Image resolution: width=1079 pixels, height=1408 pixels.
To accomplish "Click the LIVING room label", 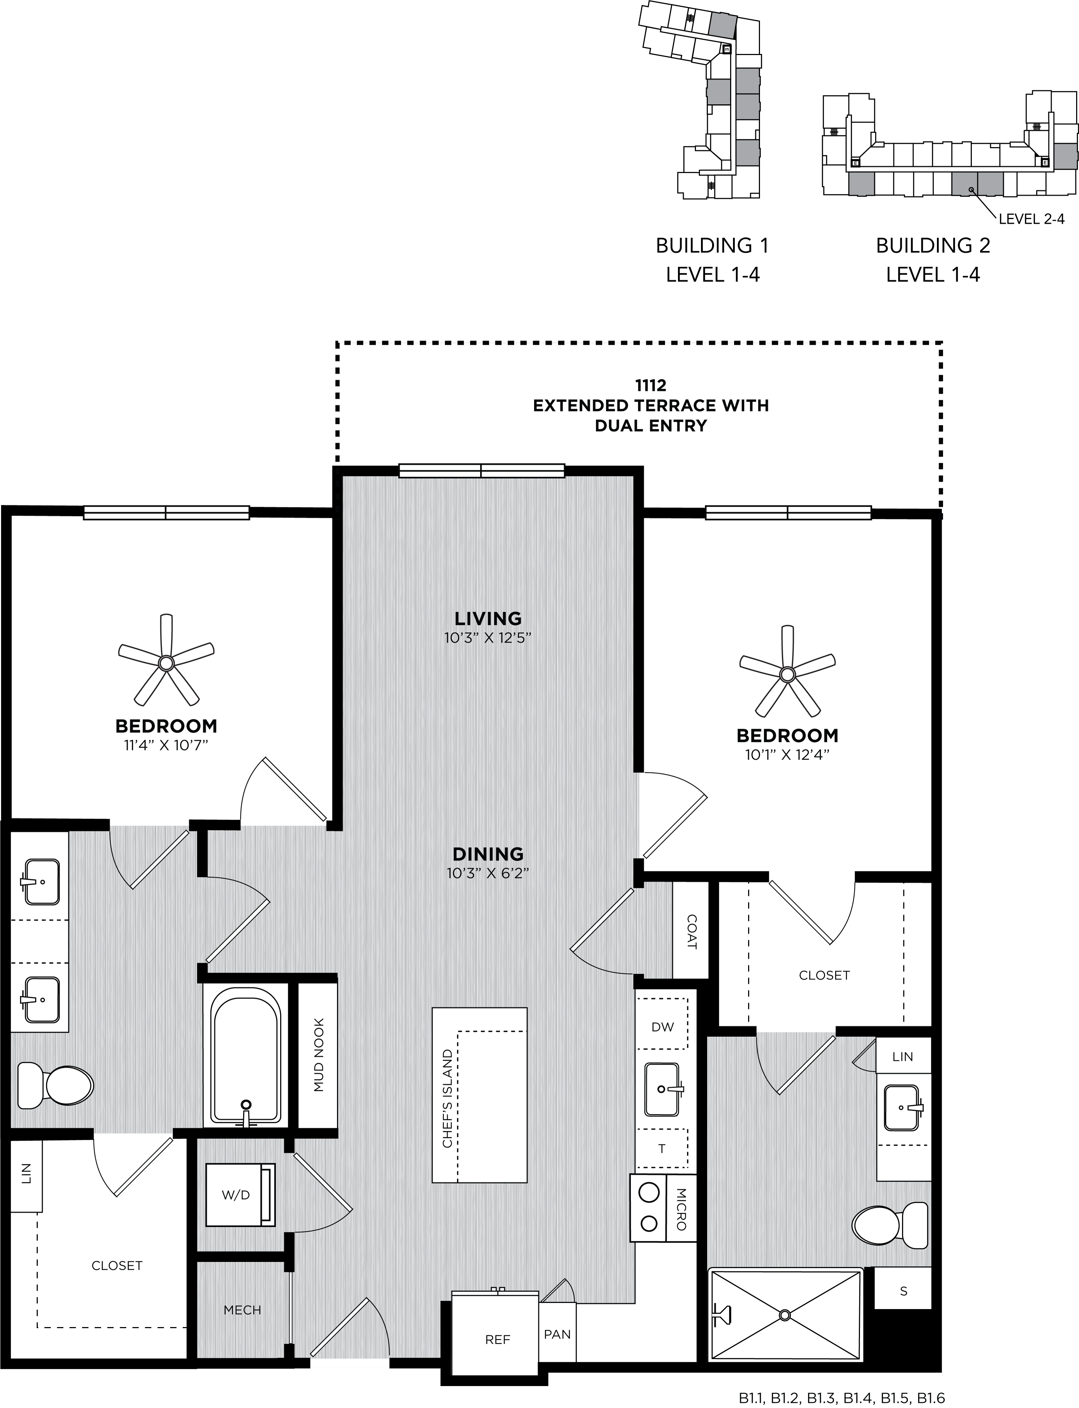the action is (x=488, y=618).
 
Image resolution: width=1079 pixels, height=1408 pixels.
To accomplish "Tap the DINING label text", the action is (x=488, y=854).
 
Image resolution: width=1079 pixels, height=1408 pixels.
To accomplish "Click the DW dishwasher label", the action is (x=663, y=1027).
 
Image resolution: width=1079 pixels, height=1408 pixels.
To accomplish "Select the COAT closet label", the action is (x=691, y=931).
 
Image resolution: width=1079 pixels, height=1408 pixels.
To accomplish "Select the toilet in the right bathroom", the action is (x=891, y=1226).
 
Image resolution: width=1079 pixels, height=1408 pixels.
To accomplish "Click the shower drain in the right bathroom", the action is (x=784, y=1310).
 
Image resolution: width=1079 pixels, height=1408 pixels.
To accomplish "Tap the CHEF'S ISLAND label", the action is (x=447, y=1099).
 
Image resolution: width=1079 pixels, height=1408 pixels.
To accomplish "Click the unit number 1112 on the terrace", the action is (x=651, y=385).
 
